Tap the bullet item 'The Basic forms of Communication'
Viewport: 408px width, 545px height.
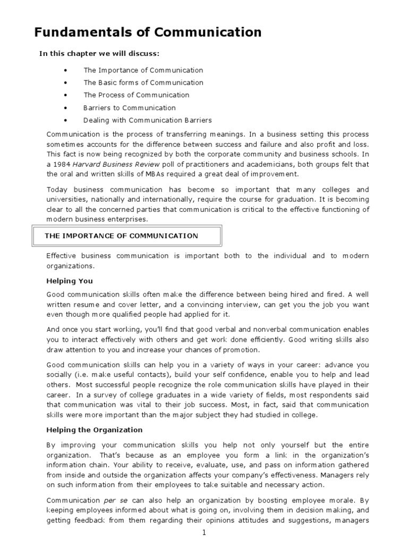[143, 82]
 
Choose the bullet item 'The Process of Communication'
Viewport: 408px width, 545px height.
[136, 95]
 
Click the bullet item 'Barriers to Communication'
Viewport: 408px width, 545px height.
[129, 108]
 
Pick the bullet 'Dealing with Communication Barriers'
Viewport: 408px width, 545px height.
[147, 120]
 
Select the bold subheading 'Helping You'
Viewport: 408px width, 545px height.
[70, 281]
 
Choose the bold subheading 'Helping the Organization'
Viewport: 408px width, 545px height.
[95, 430]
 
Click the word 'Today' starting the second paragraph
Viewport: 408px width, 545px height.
[57, 190]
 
